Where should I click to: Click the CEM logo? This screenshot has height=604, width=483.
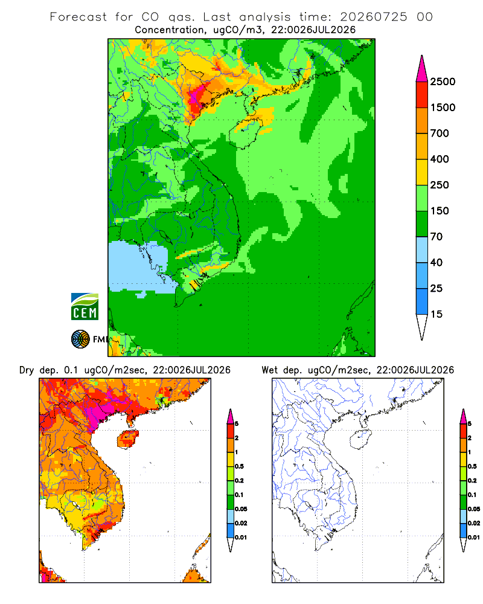(85, 306)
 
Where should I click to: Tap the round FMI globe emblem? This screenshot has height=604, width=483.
(80, 339)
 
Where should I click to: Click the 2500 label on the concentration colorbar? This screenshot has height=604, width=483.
(443, 82)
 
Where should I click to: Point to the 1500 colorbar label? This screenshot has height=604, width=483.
(443, 108)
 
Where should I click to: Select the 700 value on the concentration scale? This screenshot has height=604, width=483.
(440, 133)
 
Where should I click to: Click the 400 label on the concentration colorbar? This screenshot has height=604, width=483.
(440, 159)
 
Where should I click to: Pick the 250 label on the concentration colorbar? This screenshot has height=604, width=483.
(440, 185)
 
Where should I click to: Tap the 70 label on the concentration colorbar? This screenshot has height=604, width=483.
(437, 237)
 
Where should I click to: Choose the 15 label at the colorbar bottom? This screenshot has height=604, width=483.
(437, 314)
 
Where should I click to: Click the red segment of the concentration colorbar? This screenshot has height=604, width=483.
(422, 95)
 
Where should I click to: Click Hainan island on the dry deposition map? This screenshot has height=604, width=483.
(128, 440)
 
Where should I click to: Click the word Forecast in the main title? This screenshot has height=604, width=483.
(78, 17)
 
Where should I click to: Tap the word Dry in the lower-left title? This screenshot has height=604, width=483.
(27, 370)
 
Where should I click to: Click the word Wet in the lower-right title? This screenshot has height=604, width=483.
(270, 370)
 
